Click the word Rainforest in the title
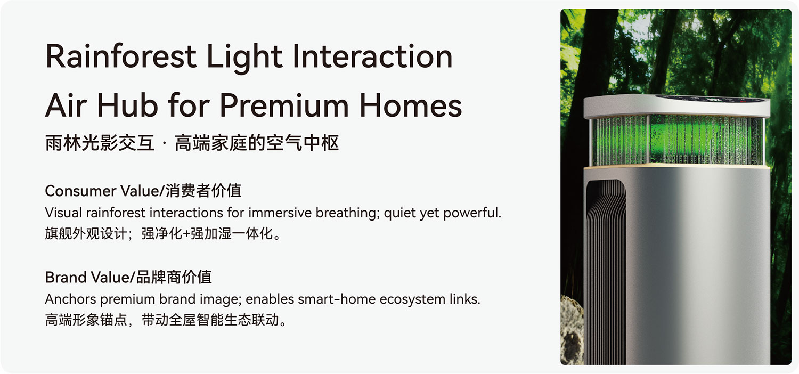[121, 56]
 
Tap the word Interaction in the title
[372, 56]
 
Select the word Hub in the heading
[127, 105]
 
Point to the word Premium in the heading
[284, 106]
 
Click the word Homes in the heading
[411, 105]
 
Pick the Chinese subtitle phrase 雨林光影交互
[100, 143]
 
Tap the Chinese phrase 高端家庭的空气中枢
[257, 143]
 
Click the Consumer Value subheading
[143, 191]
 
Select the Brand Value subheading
[128, 277]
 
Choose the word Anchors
[71, 299]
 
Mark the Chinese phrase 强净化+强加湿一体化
[211, 234]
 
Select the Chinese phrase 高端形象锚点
[86, 320]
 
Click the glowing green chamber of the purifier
[676, 140]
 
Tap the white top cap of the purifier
[676, 105]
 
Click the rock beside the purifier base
[572, 330]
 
